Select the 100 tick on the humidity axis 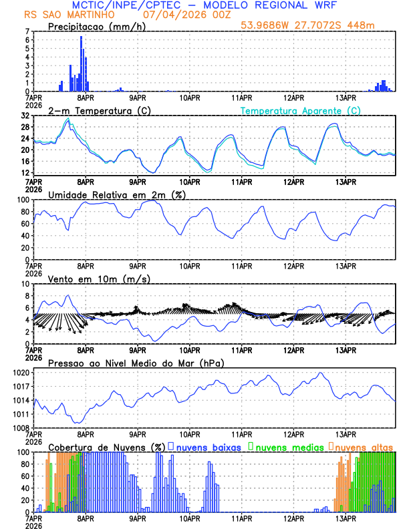tap(23, 200)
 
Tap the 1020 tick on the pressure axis tap(21, 372)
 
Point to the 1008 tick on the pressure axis tap(21, 427)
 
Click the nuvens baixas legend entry tap(209, 446)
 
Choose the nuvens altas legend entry tap(364, 446)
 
